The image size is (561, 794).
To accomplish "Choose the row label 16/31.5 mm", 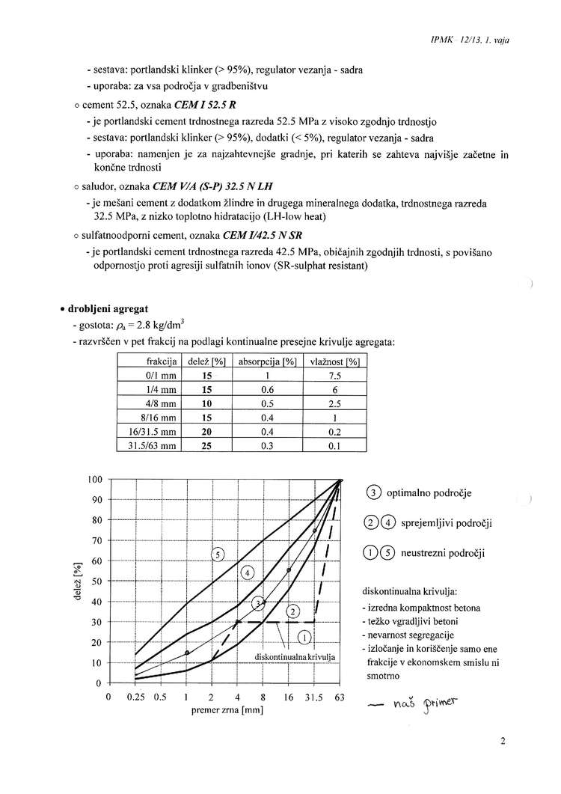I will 152,432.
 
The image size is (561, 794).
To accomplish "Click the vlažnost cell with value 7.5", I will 335,376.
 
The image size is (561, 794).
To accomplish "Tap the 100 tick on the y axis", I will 93,480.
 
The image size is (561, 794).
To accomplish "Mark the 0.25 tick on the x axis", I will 135,697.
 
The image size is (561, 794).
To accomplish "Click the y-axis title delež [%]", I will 77,581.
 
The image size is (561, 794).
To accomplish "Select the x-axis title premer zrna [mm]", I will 224,710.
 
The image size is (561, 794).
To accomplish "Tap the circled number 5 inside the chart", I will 218,555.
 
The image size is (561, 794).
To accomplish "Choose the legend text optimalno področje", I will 429,493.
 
